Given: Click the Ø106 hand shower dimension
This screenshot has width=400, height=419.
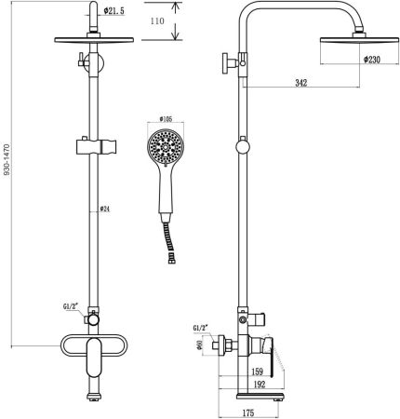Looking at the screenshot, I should [x=167, y=119].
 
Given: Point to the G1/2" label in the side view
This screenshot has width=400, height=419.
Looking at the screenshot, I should [x=200, y=328].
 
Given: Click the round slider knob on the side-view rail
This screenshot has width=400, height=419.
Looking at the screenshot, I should [x=244, y=147].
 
